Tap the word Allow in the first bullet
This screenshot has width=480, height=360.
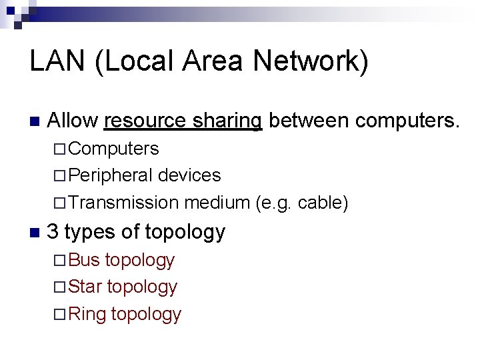point(73,121)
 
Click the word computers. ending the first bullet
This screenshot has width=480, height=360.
point(407,121)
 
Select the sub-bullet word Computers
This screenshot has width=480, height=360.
point(113,148)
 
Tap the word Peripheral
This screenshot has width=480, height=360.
point(110,175)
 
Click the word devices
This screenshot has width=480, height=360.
point(189,175)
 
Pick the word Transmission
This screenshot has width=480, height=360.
point(123,203)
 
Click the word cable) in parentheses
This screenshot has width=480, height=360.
point(323,203)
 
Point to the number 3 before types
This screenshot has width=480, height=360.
point(53,232)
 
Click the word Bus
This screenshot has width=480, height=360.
point(84,259)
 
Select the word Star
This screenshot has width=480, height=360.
point(85,287)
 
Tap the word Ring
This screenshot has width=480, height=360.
point(87,314)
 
